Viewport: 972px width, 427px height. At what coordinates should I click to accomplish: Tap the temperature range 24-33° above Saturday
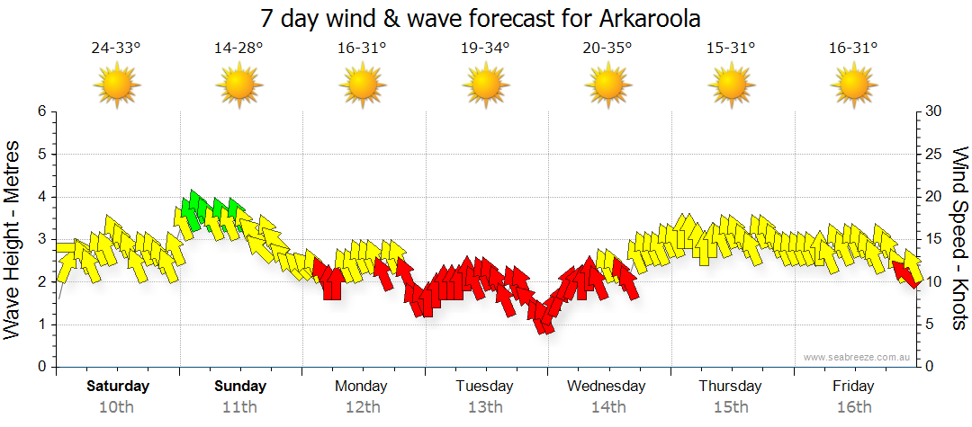point(116,49)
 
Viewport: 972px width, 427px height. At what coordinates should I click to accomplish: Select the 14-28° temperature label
point(238,49)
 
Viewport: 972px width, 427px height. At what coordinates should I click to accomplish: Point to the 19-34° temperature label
point(485,49)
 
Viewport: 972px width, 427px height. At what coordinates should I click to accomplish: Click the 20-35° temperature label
point(607,49)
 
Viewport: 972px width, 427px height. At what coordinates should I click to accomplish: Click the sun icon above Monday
point(362,86)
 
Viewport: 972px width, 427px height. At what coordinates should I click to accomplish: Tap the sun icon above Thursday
point(731,86)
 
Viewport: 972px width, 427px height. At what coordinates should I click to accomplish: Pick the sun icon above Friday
point(853,86)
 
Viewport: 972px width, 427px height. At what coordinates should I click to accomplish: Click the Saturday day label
point(118,387)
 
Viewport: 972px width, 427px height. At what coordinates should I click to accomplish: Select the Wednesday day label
point(607,387)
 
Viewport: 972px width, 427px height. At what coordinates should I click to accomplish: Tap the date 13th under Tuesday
point(484,407)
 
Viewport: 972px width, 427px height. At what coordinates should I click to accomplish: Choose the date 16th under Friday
point(853,407)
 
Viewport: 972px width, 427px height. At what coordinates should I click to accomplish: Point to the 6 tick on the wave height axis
point(40,111)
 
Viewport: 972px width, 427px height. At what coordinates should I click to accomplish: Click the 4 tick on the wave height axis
point(40,197)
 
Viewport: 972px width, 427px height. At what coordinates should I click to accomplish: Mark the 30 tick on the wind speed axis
point(934,111)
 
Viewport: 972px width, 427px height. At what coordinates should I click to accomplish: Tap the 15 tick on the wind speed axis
point(934,239)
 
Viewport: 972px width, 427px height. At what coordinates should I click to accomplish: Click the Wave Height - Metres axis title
point(13,239)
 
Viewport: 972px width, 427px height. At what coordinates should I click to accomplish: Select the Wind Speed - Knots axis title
point(958,239)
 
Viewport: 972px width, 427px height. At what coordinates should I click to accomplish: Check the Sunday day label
point(240,387)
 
